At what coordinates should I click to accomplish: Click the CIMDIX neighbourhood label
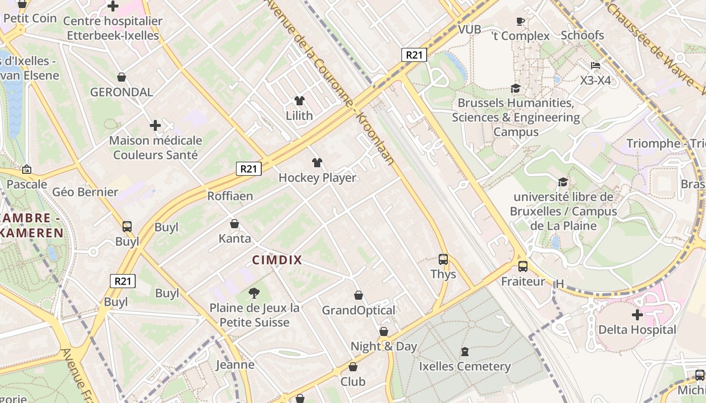(x=276, y=260)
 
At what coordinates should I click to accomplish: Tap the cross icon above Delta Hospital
(x=637, y=315)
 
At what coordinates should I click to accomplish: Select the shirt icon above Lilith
(x=300, y=101)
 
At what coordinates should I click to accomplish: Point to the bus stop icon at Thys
(x=443, y=259)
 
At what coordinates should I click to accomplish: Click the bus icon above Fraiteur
(x=523, y=266)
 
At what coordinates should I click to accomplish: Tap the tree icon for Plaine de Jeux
(x=254, y=293)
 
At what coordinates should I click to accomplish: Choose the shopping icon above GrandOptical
(x=359, y=295)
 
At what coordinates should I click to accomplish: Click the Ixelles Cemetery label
(x=464, y=366)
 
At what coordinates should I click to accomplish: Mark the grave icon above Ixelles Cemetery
(x=464, y=351)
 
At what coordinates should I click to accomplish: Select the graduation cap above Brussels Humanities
(x=515, y=89)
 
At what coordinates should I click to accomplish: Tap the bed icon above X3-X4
(x=596, y=65)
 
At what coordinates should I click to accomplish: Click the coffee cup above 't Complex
(x=520, y=21)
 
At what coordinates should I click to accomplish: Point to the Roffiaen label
(x=230, y=196)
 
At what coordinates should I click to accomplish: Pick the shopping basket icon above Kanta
(x=234, y=224)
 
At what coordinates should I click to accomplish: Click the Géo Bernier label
(x=85, y=192)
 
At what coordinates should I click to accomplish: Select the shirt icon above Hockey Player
(x=317, y=163)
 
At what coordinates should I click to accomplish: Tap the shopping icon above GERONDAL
(x=122, y=77)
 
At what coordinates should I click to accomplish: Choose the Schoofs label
(x=582, y=35)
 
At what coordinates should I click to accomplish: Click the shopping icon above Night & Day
(x=384, y=331)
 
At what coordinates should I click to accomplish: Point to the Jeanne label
(x=235, y=364)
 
